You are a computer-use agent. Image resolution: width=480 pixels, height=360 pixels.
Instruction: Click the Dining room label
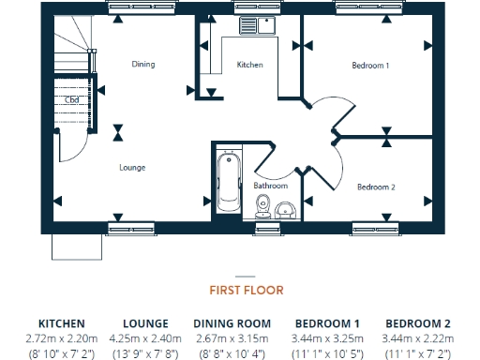pos(142,65)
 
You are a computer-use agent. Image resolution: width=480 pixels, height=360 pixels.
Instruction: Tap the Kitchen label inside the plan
pos(249,65)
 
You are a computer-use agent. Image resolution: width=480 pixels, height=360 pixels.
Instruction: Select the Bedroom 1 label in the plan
pos(370,66)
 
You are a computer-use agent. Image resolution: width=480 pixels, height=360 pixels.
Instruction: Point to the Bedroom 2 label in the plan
pos(376,187)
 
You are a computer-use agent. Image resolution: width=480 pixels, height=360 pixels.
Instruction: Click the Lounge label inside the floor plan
pos(132,168)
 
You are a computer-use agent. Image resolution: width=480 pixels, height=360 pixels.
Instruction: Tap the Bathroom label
pos(271,186)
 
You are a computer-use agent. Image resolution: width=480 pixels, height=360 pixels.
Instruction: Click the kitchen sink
pos(254,25)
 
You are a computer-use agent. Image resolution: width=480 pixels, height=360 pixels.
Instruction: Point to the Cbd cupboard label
pos(71,99)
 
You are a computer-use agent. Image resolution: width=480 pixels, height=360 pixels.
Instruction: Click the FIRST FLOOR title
pos(244,291)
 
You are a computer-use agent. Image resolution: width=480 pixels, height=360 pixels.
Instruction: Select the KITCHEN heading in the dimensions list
pos(62,323)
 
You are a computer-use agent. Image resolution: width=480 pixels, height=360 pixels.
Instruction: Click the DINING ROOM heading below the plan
pos(232,323)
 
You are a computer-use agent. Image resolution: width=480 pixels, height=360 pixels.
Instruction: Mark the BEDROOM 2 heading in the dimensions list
pos(418,323)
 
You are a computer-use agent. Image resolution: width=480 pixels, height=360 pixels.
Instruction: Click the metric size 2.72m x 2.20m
pos(62,337)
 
